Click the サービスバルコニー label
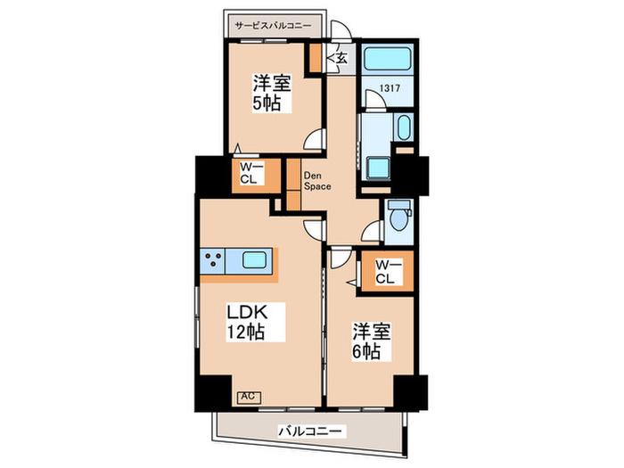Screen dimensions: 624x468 tap(273, 26)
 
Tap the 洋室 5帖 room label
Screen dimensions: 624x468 tap(273, 93)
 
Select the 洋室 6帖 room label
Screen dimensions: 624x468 tap(372, 341)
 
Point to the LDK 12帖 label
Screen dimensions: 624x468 tap(247, 322)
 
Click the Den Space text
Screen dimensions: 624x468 tap(317, 181)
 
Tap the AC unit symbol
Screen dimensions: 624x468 tap(249, 397)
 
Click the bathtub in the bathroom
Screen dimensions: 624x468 tap(388, 60)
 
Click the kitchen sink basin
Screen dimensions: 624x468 tap(255, 260)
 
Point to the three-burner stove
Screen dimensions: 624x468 tap(212, 261)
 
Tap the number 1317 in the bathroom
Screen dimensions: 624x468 tap(390, 88)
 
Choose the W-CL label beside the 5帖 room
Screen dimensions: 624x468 tap(249, 174)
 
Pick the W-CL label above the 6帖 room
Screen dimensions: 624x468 tap(386, 271)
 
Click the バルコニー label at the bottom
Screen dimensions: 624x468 tap(310, 431)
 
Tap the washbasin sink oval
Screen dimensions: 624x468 tap(404, 127)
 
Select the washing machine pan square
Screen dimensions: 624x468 tap(379, 168)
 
